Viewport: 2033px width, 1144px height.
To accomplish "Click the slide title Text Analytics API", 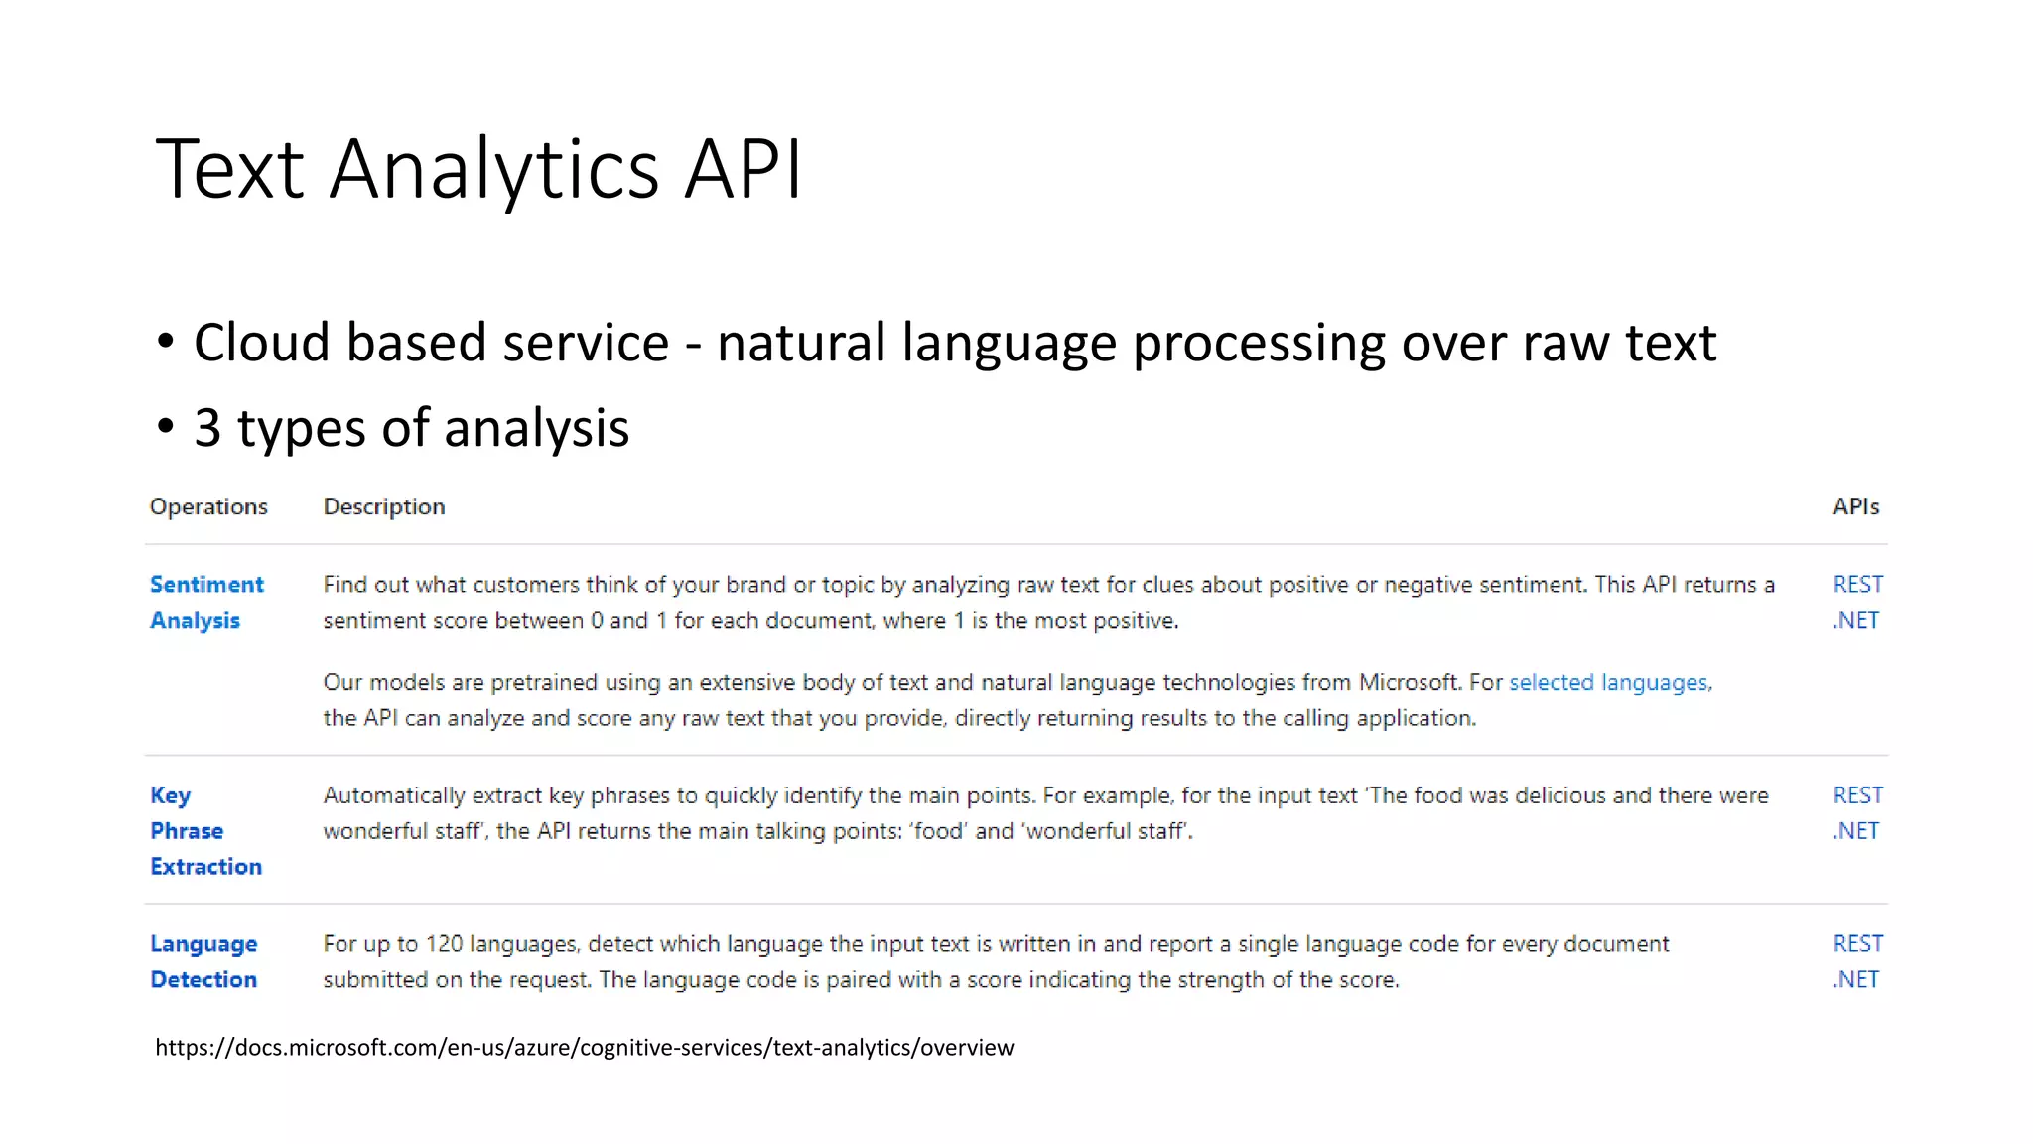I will click(x=478, y=169).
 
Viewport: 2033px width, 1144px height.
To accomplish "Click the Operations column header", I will click(x=208, y=506).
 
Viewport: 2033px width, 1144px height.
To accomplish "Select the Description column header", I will click(x=384, y=506).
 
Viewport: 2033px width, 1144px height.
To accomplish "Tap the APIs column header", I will click(x=1855, y=506).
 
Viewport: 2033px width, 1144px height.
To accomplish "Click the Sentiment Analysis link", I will click(x=205, y=602).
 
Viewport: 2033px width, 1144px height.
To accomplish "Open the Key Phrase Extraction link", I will click(x=204, y=830).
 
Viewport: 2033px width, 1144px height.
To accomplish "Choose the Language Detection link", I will click(x=203, y=961).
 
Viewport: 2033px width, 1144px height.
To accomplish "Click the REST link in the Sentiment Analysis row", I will click(x=1857, y=584).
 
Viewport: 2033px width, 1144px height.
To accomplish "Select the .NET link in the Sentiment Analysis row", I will click(x=1855, y=620).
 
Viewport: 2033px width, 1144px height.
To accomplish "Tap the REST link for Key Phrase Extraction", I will click(x=1857, y=795).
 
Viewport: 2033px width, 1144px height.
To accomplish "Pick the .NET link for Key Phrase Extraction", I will click(x=1855, y=831).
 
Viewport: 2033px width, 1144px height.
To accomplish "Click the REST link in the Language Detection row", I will click(x=1857, y=943).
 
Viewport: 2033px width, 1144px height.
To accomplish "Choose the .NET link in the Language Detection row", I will click(x=1855, y=979).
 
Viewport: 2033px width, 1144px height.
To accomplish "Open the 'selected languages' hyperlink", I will click(x=1609, y=683).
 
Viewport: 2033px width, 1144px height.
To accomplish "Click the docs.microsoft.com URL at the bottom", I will click(x=584, y=1047).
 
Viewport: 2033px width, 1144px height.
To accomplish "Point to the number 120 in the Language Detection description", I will click(x=444, y=944).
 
